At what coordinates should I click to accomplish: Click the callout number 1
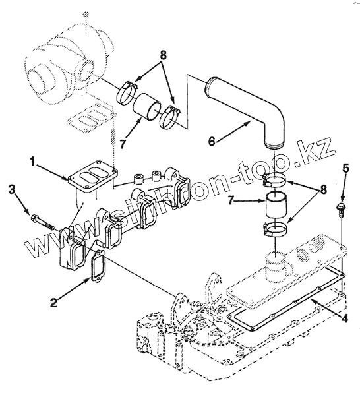pos(32,162)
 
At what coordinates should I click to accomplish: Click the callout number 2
pos(54,303)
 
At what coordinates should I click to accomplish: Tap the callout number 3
pos(12,190)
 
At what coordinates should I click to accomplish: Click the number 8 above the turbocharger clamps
pos(164,55)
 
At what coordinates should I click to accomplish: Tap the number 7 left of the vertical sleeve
pos(232,200)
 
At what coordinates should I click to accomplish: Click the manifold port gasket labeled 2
pos(98,266)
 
